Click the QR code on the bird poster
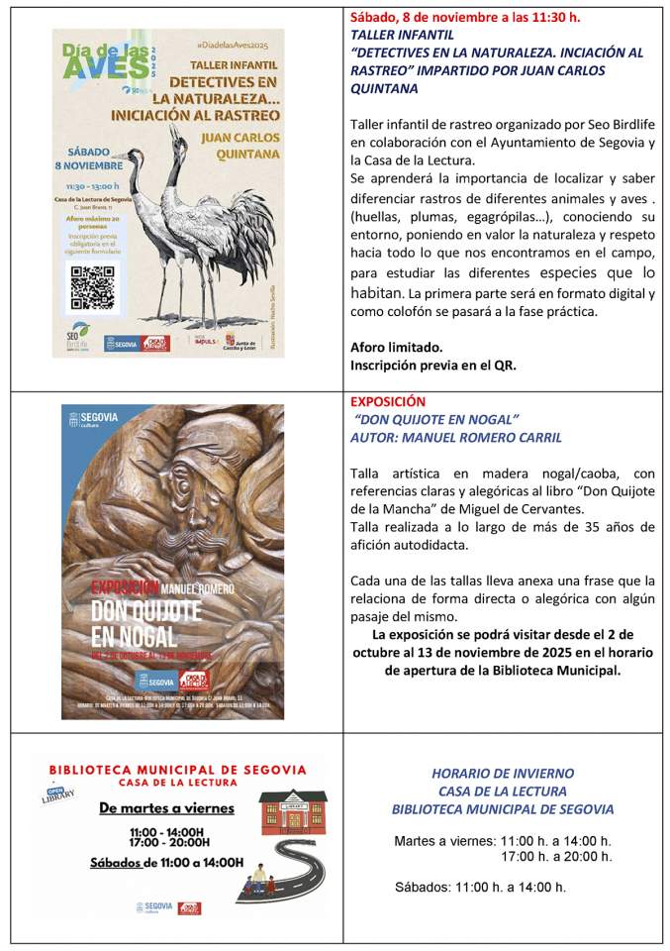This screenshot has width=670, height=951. pos(93,288)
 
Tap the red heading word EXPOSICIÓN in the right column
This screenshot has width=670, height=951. pos(388,402)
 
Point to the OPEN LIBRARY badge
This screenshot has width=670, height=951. pos(58,793)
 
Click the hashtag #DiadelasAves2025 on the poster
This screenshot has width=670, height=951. pos(232,47)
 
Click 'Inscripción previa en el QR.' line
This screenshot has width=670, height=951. pos(433,365)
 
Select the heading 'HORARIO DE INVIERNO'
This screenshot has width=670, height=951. pos(502,774)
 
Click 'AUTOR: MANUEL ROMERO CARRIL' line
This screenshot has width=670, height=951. pos(456,438)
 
